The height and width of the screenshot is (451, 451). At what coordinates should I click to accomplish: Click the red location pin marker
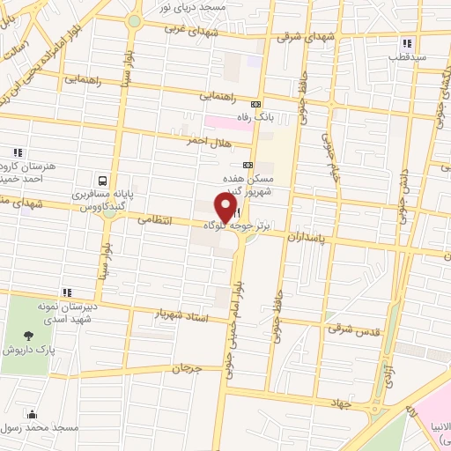coord(228,206)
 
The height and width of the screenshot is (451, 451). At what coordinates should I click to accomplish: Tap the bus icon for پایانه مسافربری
coord(104,174)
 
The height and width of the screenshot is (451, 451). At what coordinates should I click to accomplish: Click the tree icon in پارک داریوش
coord(29,335)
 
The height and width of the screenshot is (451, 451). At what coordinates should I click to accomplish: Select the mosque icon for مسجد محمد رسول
coord(33,415)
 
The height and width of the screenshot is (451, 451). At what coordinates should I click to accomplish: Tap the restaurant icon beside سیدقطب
coord(406,44)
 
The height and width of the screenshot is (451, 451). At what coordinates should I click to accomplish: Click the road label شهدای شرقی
coord(301,39)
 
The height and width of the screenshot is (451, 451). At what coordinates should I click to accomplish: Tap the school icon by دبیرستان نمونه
coord(66,292)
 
